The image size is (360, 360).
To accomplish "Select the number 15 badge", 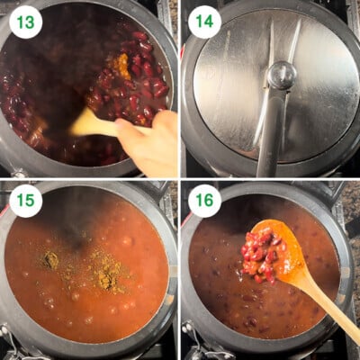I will (24, 201).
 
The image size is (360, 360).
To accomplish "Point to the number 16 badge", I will (203, 201).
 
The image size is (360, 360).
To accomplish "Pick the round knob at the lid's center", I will (281, 75).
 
